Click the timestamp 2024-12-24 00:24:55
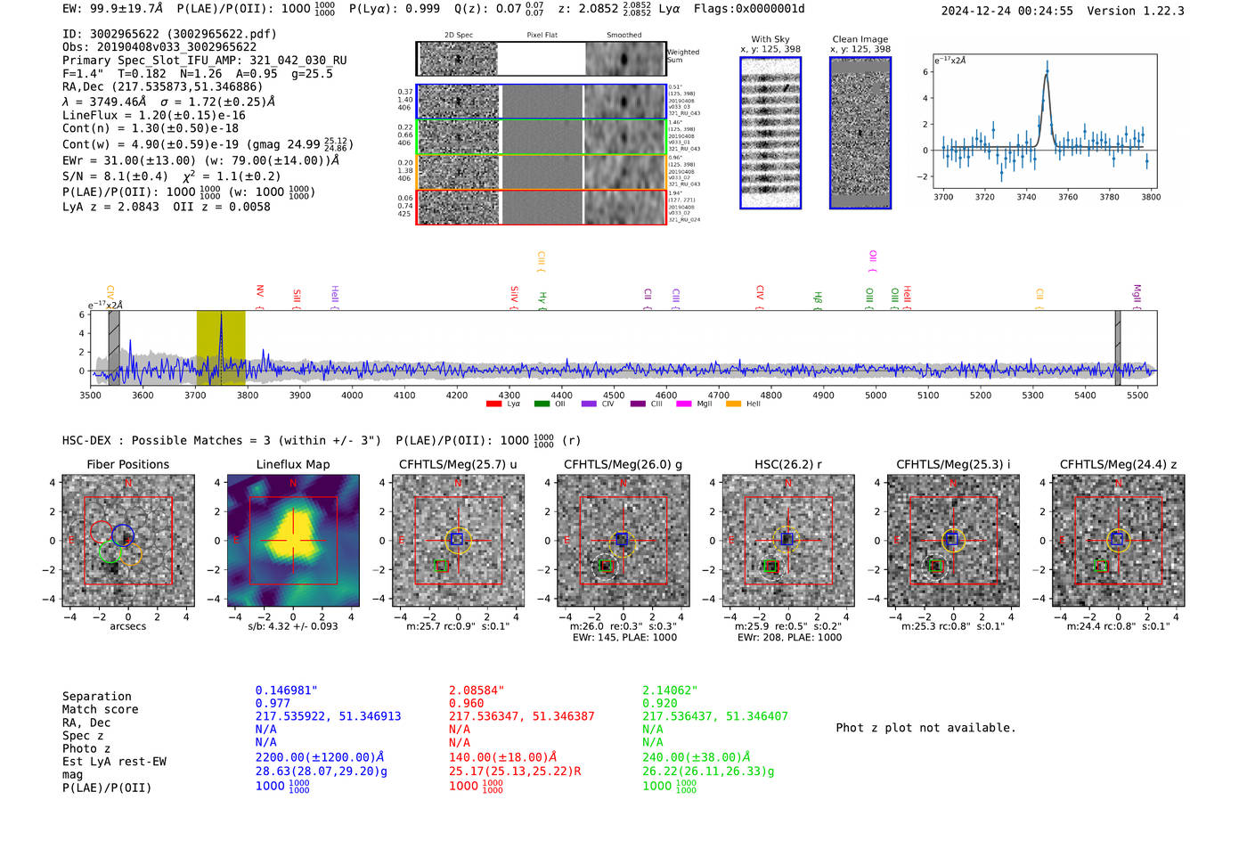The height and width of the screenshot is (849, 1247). tap(1007, 12)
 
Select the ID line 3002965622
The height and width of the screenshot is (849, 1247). tap(169, 34)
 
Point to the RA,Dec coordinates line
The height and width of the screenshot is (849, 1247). tap(162, 87)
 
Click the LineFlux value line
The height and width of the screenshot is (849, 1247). tap(153, 115)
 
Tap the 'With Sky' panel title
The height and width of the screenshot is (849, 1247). tap(770, 39)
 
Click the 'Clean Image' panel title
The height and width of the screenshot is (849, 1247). tap(860, 39)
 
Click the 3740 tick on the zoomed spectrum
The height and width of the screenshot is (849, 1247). tap(1026, 197)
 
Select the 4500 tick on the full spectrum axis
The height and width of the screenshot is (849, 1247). tap(614, 395)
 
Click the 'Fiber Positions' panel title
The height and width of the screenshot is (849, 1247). tap(127, 464)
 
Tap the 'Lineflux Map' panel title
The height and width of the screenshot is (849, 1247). tap(292, 464)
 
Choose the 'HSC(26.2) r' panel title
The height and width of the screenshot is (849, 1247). tap(787, 464)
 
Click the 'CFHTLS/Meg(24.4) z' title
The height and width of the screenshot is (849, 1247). tap(1118, 464)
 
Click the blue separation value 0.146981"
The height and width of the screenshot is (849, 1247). tap(286, 690)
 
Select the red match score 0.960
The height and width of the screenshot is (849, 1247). tap(466, 703)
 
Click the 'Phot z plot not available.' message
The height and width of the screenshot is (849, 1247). tap(925, 728)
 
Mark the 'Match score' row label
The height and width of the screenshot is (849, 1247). tap(100, 710)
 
